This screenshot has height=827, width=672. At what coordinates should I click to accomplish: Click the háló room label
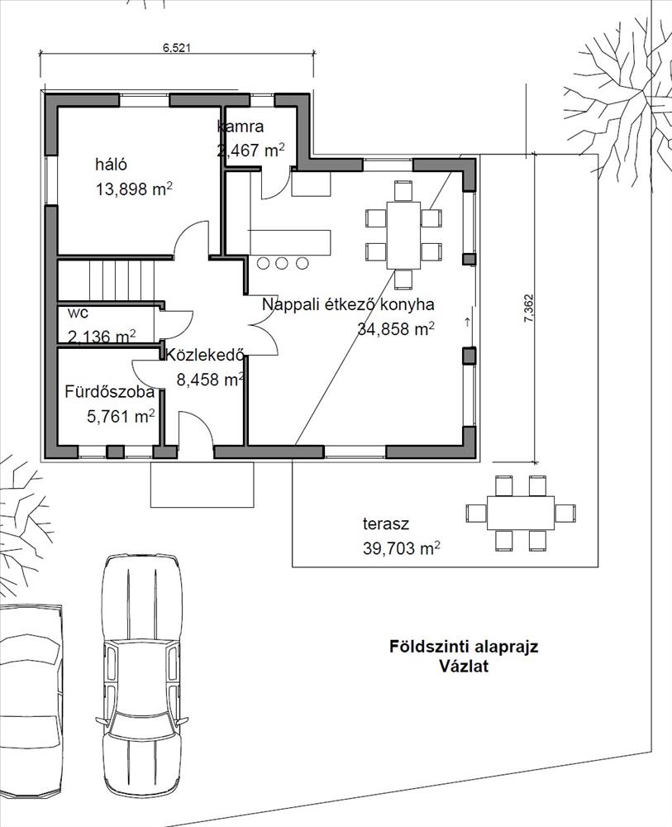112,164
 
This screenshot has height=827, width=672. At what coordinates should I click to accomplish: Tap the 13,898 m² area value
135,189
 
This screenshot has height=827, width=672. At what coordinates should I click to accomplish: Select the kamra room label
241,127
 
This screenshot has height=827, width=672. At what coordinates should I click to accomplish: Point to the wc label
79,313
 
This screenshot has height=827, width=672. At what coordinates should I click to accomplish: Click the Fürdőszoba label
110,392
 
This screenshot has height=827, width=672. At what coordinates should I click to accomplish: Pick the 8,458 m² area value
210,379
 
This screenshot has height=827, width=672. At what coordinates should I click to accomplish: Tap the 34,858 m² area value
396,328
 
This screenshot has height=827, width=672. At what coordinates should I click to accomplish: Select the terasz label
386,524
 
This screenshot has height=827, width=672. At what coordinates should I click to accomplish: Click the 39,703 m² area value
402,548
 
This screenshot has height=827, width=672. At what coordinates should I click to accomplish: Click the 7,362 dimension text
529,308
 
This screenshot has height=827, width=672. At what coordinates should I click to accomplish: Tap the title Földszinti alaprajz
464,647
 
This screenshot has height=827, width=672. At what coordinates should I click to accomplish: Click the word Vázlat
464,666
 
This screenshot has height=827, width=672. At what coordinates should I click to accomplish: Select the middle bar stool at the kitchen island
282,262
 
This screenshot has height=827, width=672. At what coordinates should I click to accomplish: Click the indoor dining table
403,235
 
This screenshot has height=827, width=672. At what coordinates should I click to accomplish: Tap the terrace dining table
521,514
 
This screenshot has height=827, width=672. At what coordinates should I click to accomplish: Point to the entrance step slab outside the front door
202,485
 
